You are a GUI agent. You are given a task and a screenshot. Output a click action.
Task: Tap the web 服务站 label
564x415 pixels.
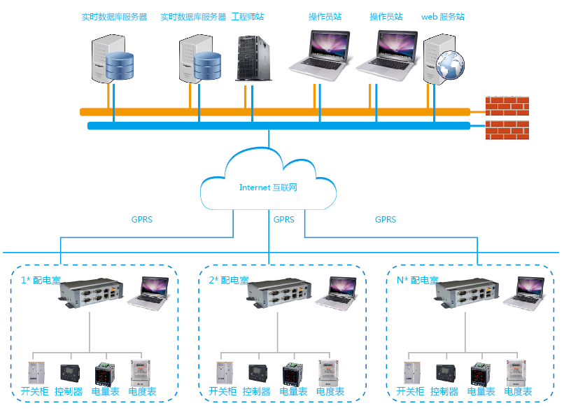pos(443,17)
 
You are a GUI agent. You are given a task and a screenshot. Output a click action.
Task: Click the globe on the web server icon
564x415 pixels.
pos(451,65)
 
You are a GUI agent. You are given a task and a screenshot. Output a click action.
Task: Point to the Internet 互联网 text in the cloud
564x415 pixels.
pos(269,187)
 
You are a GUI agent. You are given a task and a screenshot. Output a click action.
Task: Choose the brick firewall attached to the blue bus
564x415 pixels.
pos(507,129)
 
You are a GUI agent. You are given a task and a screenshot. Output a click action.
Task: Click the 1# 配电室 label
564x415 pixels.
pos(40,280)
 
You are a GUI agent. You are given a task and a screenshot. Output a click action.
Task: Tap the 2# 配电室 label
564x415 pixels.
pos(229,280)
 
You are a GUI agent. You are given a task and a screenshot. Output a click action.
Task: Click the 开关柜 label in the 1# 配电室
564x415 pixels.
pos(34,392)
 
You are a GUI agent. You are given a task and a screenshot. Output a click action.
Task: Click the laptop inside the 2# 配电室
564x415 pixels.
pos(336,291)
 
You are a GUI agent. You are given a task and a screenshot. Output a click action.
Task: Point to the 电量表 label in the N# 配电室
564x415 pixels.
pos(481,392)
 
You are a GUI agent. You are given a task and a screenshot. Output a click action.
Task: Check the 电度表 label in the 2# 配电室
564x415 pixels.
pos(330,392)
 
